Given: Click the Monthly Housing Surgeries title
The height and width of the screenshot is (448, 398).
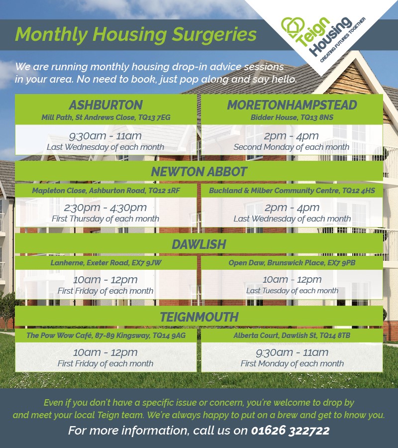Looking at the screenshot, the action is click(x=136, y=35).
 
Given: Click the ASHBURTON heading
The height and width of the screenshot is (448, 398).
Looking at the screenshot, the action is click(x=105, y=105).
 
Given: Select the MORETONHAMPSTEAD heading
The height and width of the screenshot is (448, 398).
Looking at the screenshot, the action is click(x=292, y=105).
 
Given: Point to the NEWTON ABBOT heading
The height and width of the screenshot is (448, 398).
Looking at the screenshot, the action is click(x=199, y=171).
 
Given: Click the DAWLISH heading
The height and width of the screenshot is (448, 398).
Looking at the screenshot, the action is click(x=199, y=244).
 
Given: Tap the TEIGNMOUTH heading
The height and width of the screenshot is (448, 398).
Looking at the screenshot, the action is click(x=199, y=317).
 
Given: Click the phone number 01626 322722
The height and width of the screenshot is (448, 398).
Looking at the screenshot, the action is click(x=291, y=430).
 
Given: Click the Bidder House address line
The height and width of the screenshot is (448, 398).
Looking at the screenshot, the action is click(x=292, y=117).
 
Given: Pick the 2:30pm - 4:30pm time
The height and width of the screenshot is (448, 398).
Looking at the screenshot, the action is click(x=105, y=208).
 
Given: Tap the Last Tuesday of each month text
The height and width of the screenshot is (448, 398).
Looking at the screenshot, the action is click(x=292, y=291).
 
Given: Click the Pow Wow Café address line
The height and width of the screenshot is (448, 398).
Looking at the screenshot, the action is click(x=106, y=335).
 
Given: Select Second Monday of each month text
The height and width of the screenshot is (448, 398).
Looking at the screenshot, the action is click(x=292, y=147).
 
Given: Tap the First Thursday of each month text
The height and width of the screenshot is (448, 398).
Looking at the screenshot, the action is click(x=105, y=219).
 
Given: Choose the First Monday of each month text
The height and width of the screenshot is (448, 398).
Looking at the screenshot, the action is click(x=292, y=363).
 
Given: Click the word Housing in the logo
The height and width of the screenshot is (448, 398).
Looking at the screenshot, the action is click(x=331, y=36).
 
